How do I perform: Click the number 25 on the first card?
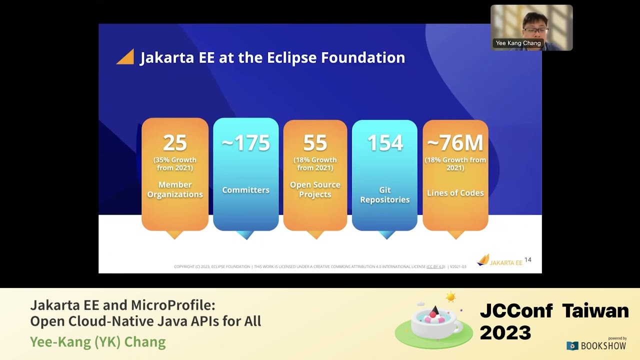point(175,143)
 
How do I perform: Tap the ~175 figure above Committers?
point(245,143)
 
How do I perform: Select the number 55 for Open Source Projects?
point(315,143)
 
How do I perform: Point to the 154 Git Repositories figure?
point(384,143)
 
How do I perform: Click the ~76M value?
point(455,143)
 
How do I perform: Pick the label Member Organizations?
point(175,189)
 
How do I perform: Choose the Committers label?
point(245,190)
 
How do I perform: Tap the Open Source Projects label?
point(315,189)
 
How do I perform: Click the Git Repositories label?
point(384,194)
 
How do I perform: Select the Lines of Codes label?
point(455,193)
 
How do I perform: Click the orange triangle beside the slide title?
point(126,57)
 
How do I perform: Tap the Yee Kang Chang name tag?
point(518,43)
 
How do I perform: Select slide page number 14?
point(528,260)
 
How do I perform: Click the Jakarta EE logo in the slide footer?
point(499,260)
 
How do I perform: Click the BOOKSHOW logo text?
point(603,346)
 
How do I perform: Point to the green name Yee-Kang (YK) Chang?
point(98,342)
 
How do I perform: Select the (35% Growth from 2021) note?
point(175,164)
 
